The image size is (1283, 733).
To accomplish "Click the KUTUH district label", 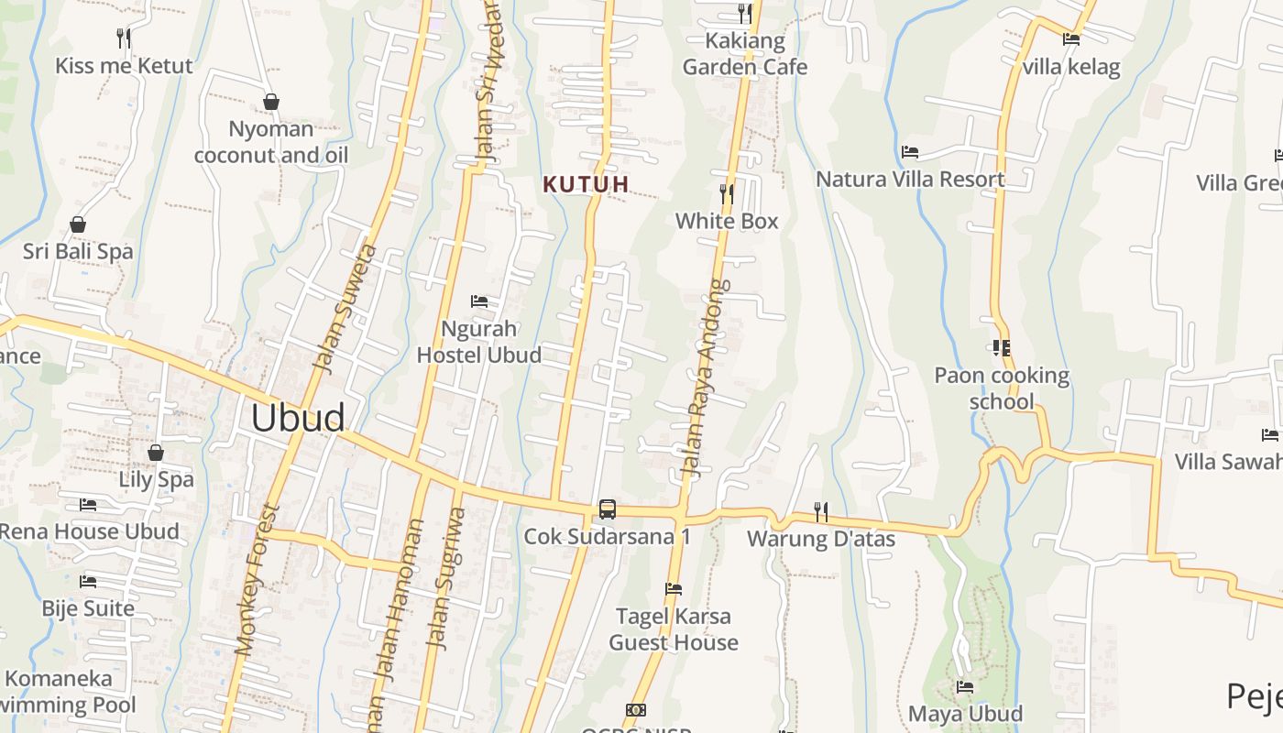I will coord(586,184).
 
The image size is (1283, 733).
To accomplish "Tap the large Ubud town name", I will coord(298,418).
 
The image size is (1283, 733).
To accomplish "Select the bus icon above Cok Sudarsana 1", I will coord(607,509).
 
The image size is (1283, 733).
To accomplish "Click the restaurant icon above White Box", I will coord(726,193).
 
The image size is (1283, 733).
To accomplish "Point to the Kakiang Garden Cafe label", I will coord(745,54).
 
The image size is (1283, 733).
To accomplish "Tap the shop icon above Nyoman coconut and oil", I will coord(270,101).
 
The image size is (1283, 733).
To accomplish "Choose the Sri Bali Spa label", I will coord(78,251).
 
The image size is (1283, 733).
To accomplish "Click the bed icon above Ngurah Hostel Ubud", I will coord(478,301).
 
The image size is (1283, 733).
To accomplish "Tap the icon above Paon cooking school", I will coord(1001,347).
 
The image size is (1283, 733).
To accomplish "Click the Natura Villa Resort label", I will coord(910,179).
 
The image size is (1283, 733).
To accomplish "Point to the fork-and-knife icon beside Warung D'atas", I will coord(820,511).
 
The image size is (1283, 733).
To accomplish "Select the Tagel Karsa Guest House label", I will coord(674,629).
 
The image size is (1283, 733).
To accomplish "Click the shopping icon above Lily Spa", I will coord(156,453).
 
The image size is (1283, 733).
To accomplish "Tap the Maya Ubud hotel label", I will coord(965,713).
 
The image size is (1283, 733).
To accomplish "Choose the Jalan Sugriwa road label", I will coord(445,578).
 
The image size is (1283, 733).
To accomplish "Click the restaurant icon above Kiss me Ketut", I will coord(124,38).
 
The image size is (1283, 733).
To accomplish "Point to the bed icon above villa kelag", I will coord(1070,38).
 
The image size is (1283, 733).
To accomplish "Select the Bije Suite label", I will coord(88,608).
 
